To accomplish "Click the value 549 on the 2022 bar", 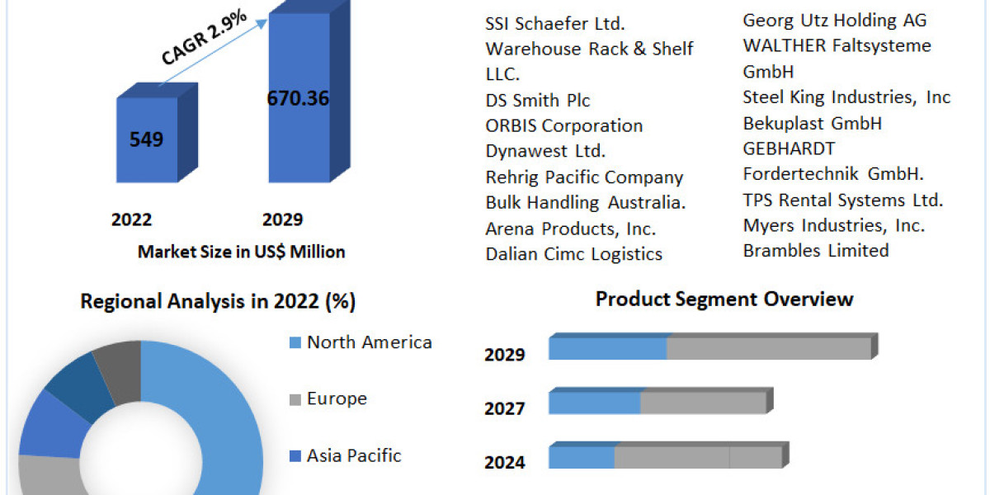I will tap(146, 139).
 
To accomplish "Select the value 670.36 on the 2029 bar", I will tap(298, 98).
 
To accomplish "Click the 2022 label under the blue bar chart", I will tap(131, 219).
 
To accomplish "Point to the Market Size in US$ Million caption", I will tap(241, 252).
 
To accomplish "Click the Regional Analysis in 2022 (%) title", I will tap(218, 302).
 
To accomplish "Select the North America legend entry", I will tap(369, 342).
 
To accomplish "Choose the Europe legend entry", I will tap(337, 399).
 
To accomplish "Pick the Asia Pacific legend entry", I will tap(354, 455).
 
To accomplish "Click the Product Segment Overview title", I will tap(724, 299).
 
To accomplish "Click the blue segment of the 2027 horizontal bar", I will tap(594, 403).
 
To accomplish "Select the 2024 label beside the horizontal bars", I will tap(504, 462).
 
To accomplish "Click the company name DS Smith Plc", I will tap(537, 100).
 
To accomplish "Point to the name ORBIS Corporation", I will tap(563, 125).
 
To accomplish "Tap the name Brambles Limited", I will tap(815, 250).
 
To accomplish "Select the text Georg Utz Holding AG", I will tap(835, 20).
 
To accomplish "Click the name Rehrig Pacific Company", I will tap(584, 177).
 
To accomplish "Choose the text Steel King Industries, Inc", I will tap(846, 97).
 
